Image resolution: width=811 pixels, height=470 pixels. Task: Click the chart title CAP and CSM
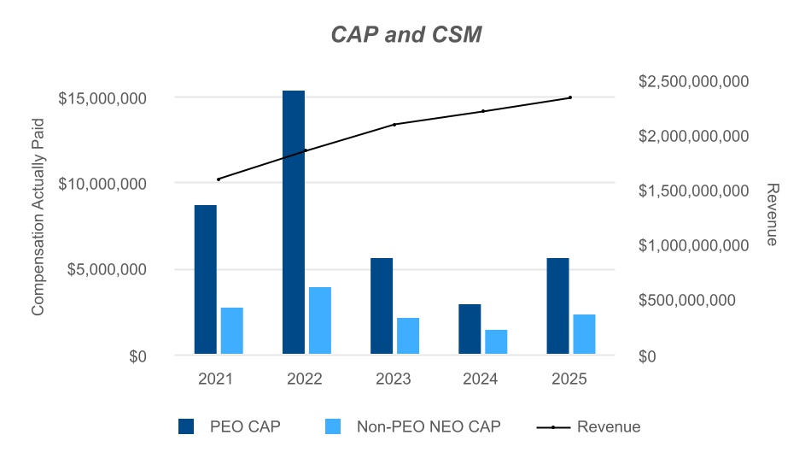click(x=405, y=35)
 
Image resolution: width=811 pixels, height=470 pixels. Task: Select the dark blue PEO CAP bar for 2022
click(x=294, y=222)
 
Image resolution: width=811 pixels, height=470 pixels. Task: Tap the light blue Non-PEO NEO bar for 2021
click(x=232, y=331)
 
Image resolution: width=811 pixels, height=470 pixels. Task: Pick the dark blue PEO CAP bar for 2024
click(x=470, y=329)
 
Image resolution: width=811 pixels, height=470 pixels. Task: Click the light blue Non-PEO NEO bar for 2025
click(x=584, y=334)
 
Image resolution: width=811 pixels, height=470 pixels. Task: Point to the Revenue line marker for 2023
click(x=394, y=125)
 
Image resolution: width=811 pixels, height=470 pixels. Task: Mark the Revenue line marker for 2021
click(x=219, y=179)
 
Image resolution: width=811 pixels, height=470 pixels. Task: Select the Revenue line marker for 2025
click(x=570, y=97)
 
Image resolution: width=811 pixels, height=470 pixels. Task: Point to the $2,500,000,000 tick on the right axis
click(x=693, y=81)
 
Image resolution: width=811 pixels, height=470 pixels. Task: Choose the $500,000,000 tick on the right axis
click(x=693, y=301)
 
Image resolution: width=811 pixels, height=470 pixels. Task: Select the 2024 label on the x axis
click(x=482, y=379)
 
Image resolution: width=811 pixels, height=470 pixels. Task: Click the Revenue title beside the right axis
click(x=772, y=214)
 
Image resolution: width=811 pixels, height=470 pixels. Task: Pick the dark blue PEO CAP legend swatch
click(x=188, y=426)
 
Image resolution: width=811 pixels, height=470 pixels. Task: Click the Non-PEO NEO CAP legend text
click(x=429, y=426)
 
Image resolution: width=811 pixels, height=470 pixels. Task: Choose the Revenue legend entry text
click(x=609, y=426)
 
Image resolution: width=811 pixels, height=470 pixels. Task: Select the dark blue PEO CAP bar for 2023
click(x=382, y=306)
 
